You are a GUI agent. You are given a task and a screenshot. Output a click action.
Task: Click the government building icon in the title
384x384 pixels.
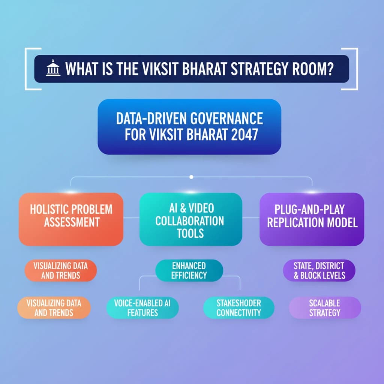[53, 68]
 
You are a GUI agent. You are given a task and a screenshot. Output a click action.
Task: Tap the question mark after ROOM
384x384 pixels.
[329, 69]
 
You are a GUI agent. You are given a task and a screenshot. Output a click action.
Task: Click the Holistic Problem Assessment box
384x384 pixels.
[71, 219]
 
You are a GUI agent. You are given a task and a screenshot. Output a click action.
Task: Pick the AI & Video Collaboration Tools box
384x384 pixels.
[191, 219]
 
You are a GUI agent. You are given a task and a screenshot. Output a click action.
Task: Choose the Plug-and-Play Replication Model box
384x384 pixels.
[312, 219]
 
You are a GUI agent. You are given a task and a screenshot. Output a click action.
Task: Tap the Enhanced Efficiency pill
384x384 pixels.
[189, 270]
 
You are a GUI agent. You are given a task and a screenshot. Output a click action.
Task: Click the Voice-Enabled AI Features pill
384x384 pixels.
[142, 307]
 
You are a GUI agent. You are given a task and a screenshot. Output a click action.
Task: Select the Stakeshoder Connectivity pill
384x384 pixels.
[239, 307]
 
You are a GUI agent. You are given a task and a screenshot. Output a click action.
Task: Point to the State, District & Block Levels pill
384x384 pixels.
[319, 270]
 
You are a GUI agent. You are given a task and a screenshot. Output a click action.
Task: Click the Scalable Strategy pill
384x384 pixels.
[325, 307]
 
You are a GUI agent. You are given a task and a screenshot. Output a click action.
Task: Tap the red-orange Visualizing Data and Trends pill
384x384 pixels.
[60, 270]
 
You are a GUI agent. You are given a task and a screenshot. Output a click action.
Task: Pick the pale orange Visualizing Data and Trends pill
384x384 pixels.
[54, 307]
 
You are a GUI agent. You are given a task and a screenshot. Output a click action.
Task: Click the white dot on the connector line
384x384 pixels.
[191, 177]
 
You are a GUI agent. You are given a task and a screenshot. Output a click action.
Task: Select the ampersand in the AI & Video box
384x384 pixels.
[183, 208]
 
